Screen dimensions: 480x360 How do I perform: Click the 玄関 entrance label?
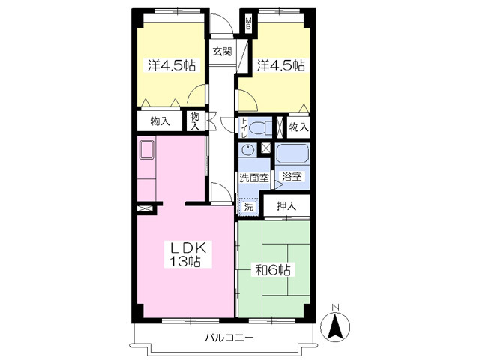point(222,52)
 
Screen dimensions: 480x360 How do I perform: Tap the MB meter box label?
point(248,23)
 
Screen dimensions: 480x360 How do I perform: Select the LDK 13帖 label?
point(187,253)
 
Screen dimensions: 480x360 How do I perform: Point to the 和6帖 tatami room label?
point(273,270)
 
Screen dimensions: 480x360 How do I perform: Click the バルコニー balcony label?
point(229,338)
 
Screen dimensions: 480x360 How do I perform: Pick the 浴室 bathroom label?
point(292,177)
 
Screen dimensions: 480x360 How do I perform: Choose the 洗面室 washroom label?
point(254,178)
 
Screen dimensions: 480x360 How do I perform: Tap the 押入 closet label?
point(286,206)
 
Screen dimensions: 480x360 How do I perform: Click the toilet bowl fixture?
point(261,127)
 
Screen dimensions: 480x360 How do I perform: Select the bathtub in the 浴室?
point(292,154)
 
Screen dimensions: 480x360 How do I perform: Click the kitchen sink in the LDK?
point(147,150)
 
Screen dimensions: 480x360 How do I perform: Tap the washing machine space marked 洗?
point(248,207)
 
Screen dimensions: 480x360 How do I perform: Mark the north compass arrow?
point(335,326)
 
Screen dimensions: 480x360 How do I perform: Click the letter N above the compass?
point(336,307)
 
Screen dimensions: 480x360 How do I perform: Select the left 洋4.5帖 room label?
point(172,65)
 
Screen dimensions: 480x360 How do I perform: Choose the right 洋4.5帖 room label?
point(280,65)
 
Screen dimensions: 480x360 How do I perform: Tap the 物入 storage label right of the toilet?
point(298,127)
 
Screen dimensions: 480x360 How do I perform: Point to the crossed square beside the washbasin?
point(265,148)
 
